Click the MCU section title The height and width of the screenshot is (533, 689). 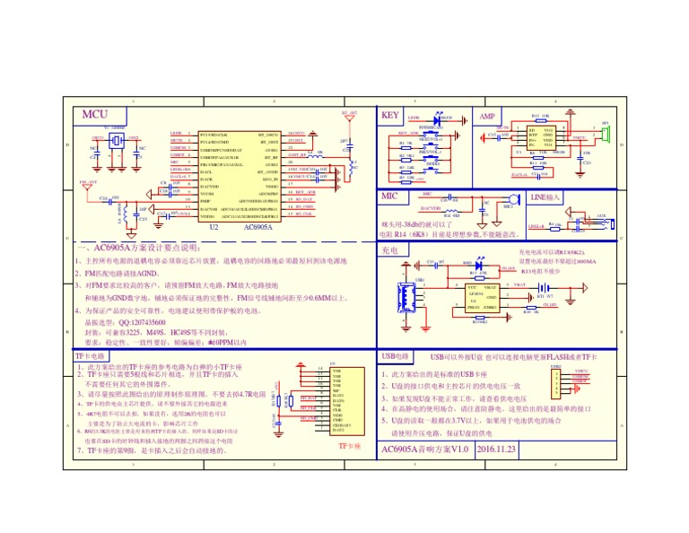click(95, 115)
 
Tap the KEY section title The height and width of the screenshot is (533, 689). click(390, 116)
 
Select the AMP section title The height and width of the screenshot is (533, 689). click(487, 117)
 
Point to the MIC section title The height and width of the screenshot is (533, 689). click(390, 196)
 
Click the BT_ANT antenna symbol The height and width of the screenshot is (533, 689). click(349, 116)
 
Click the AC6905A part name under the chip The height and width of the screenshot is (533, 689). click(259, 228)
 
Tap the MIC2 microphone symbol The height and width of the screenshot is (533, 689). click(511, 199)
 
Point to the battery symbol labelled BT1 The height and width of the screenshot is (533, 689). click(542, 288)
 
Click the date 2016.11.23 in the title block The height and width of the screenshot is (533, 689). click(496, 449)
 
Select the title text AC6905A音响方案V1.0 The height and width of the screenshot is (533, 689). click(424, 449)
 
